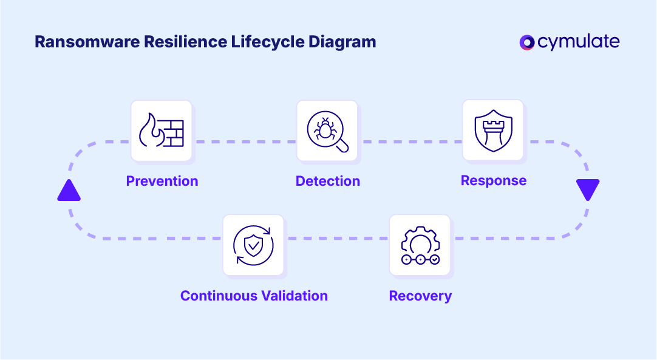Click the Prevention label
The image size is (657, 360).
[x=162, y=181]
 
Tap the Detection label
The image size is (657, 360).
[x=328, y=181]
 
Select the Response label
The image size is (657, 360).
[x=494, y=180]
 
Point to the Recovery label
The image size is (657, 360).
[x=420, y=296]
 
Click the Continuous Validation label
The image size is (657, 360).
[x=254, y=296]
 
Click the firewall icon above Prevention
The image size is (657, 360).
[x=162, y=131]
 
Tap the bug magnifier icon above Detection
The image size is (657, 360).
[x=327, y=131]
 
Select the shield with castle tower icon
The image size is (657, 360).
[x=493, y=130]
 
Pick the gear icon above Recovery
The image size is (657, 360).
[x=420, y=245]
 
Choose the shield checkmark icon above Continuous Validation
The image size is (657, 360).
[x=253, y=245]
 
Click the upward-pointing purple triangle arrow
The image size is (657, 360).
[x=69, y=191]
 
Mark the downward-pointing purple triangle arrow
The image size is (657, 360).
[x=588, y=189]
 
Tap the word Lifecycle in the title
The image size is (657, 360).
[x=263, y=42]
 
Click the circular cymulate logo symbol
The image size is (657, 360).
[x=527, y=42]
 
